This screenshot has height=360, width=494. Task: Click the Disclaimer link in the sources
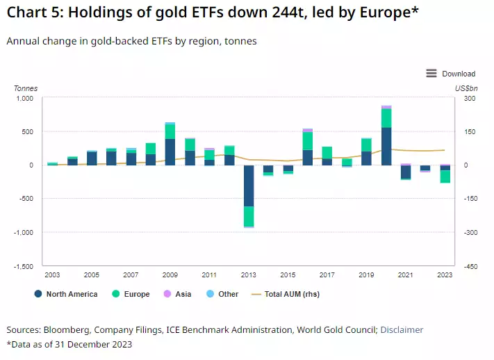(x=402, y=330)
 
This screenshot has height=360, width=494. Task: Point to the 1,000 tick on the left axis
(x=24, y=98)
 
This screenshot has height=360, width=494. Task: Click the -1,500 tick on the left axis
(x=22, y=266)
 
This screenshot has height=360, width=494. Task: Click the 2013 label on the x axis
(x=248, y=275)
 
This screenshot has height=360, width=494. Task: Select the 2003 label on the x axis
(x=53, y=275)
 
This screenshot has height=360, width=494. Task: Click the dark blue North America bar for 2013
(x=248, y=186)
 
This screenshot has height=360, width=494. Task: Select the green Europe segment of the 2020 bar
(x=386, y=118)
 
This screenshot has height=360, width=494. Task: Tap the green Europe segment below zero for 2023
(x=445, y=177)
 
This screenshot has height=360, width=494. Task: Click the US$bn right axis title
(x=466, y=88)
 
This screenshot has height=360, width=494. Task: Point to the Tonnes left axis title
(x=26, y=88)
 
